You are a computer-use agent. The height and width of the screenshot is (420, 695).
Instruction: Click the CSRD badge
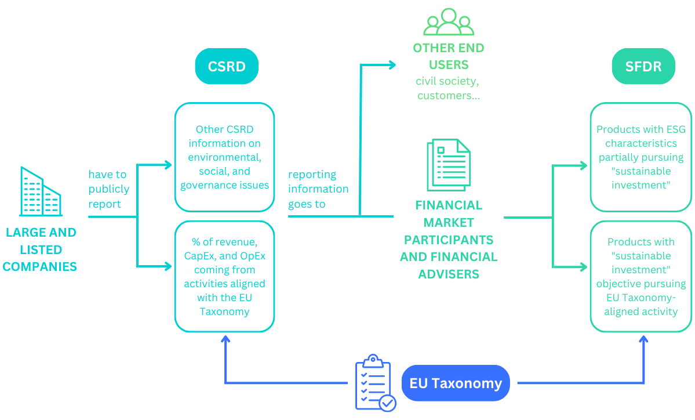[227, 66]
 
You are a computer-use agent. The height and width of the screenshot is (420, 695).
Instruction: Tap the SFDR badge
[643, 66]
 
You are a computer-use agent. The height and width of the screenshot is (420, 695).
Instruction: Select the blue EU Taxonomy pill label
[456, 383]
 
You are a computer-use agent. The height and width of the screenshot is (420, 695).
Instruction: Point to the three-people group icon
[449, 22]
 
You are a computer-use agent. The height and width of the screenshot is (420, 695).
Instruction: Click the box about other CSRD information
[224, 157]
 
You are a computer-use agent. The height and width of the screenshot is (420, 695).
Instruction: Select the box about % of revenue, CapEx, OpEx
[224, 276]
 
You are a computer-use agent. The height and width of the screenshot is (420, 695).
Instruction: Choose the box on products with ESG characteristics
[641, 157]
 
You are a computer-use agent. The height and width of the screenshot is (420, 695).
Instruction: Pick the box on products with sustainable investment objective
[641, 276]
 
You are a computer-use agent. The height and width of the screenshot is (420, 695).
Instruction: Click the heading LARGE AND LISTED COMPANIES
[41, 249]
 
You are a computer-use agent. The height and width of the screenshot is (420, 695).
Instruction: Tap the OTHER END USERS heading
[449, 56]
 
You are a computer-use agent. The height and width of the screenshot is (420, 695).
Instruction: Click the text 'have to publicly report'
[108, 189]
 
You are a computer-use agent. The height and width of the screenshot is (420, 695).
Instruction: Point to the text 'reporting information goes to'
[318, 189]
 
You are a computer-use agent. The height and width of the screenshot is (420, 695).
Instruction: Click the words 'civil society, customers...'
[449, 88]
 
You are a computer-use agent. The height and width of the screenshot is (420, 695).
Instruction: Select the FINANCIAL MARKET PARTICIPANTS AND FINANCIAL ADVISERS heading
[449, 239]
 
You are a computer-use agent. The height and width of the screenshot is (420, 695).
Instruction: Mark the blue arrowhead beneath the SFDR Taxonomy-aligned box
[643, 339]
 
